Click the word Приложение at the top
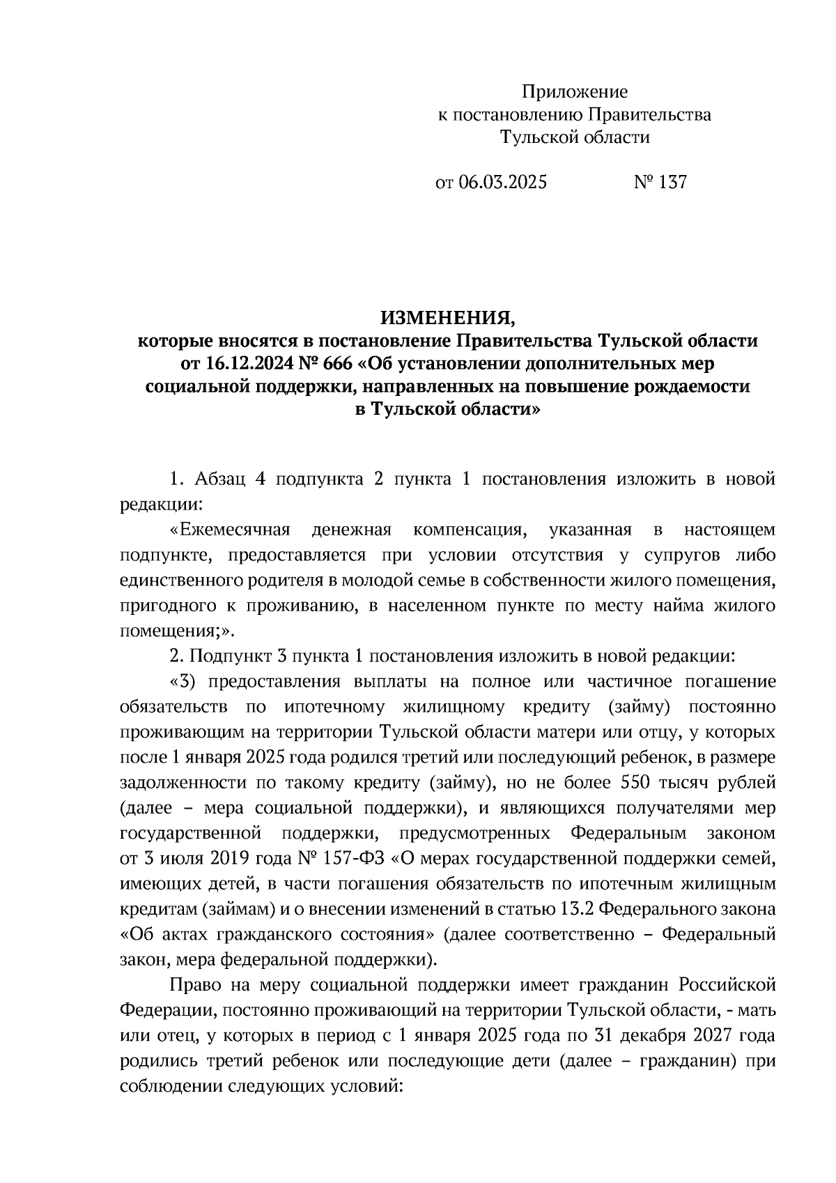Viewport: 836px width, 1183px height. (x=575, y=92)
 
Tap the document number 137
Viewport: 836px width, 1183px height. (x=672, y=183)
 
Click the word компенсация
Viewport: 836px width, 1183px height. (x=467, y=531)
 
